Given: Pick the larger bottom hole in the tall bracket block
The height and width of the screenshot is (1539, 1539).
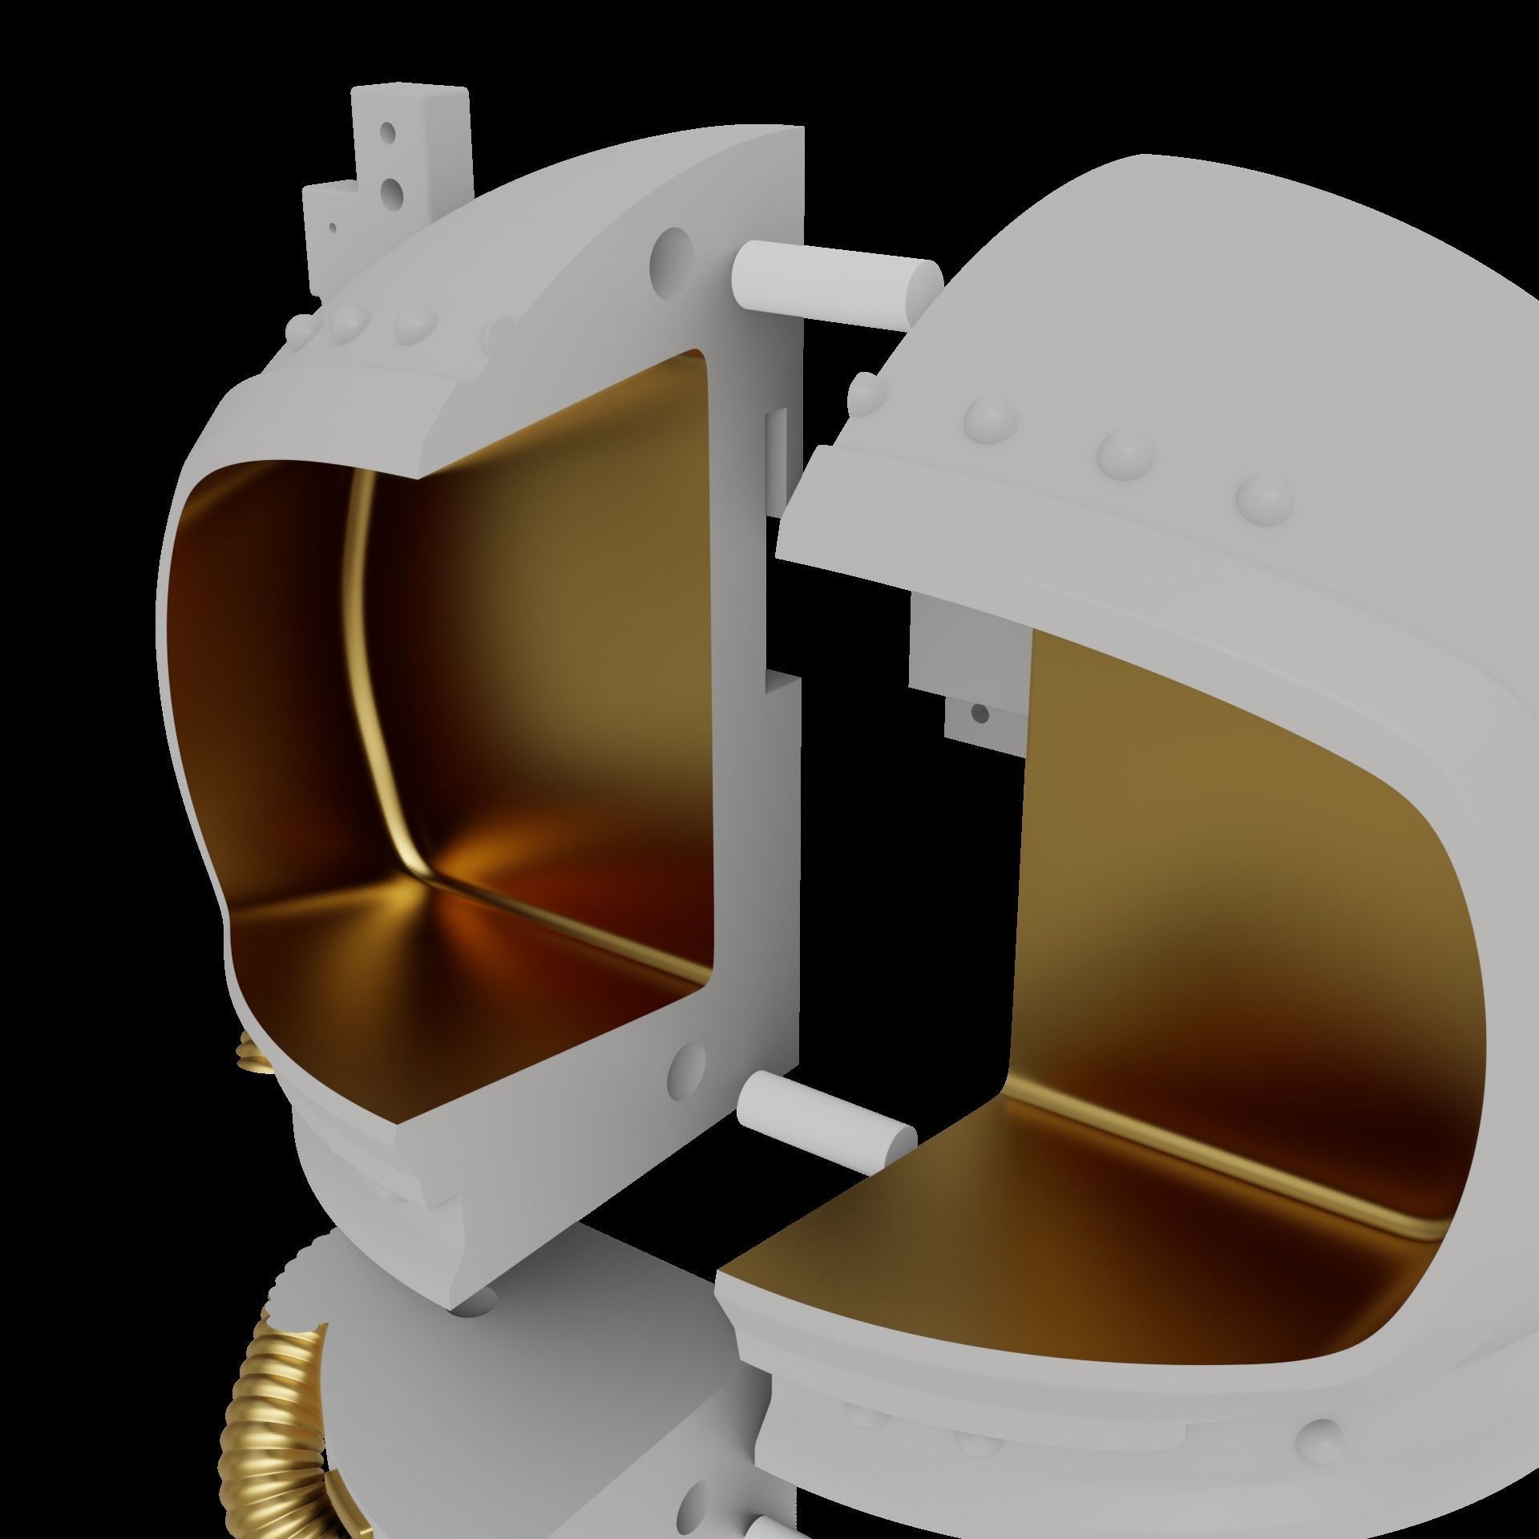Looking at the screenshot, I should (394, 189).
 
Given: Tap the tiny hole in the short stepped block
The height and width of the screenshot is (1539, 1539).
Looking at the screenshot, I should (332, 228).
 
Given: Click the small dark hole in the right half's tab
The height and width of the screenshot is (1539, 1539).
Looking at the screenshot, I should (979, 712).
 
